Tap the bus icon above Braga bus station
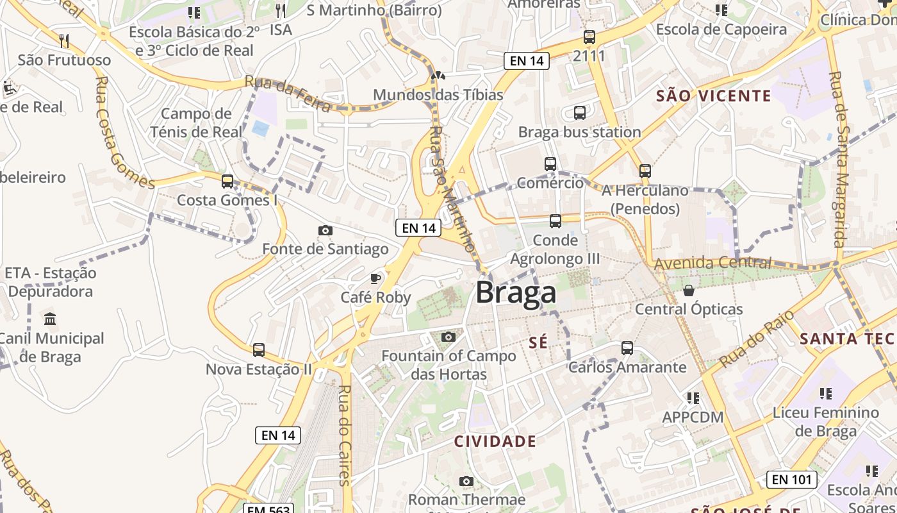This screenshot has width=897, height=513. [580, 113]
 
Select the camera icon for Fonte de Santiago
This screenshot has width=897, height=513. [325, 230]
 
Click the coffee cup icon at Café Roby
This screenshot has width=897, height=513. [375, 278]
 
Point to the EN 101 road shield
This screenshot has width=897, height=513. [792, 479]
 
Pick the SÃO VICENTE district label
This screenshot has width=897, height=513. [714, 96]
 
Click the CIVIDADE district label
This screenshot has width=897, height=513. [495, 441]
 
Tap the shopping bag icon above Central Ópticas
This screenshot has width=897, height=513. [689, 290]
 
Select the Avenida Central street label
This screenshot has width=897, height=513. [712, 262]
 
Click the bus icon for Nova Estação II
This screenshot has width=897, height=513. [259, 350]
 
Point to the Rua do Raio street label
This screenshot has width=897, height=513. [756, 339]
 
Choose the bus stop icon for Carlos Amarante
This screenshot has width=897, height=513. [627, 348]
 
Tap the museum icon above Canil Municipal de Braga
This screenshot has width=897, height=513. [50, 319]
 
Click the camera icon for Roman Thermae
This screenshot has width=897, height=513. [466, 481]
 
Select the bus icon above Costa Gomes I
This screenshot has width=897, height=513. [227, 181]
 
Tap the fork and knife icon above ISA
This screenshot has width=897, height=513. [280, 10]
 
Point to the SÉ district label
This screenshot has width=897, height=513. [538, 342]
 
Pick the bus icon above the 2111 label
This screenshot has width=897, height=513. [589, 37]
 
